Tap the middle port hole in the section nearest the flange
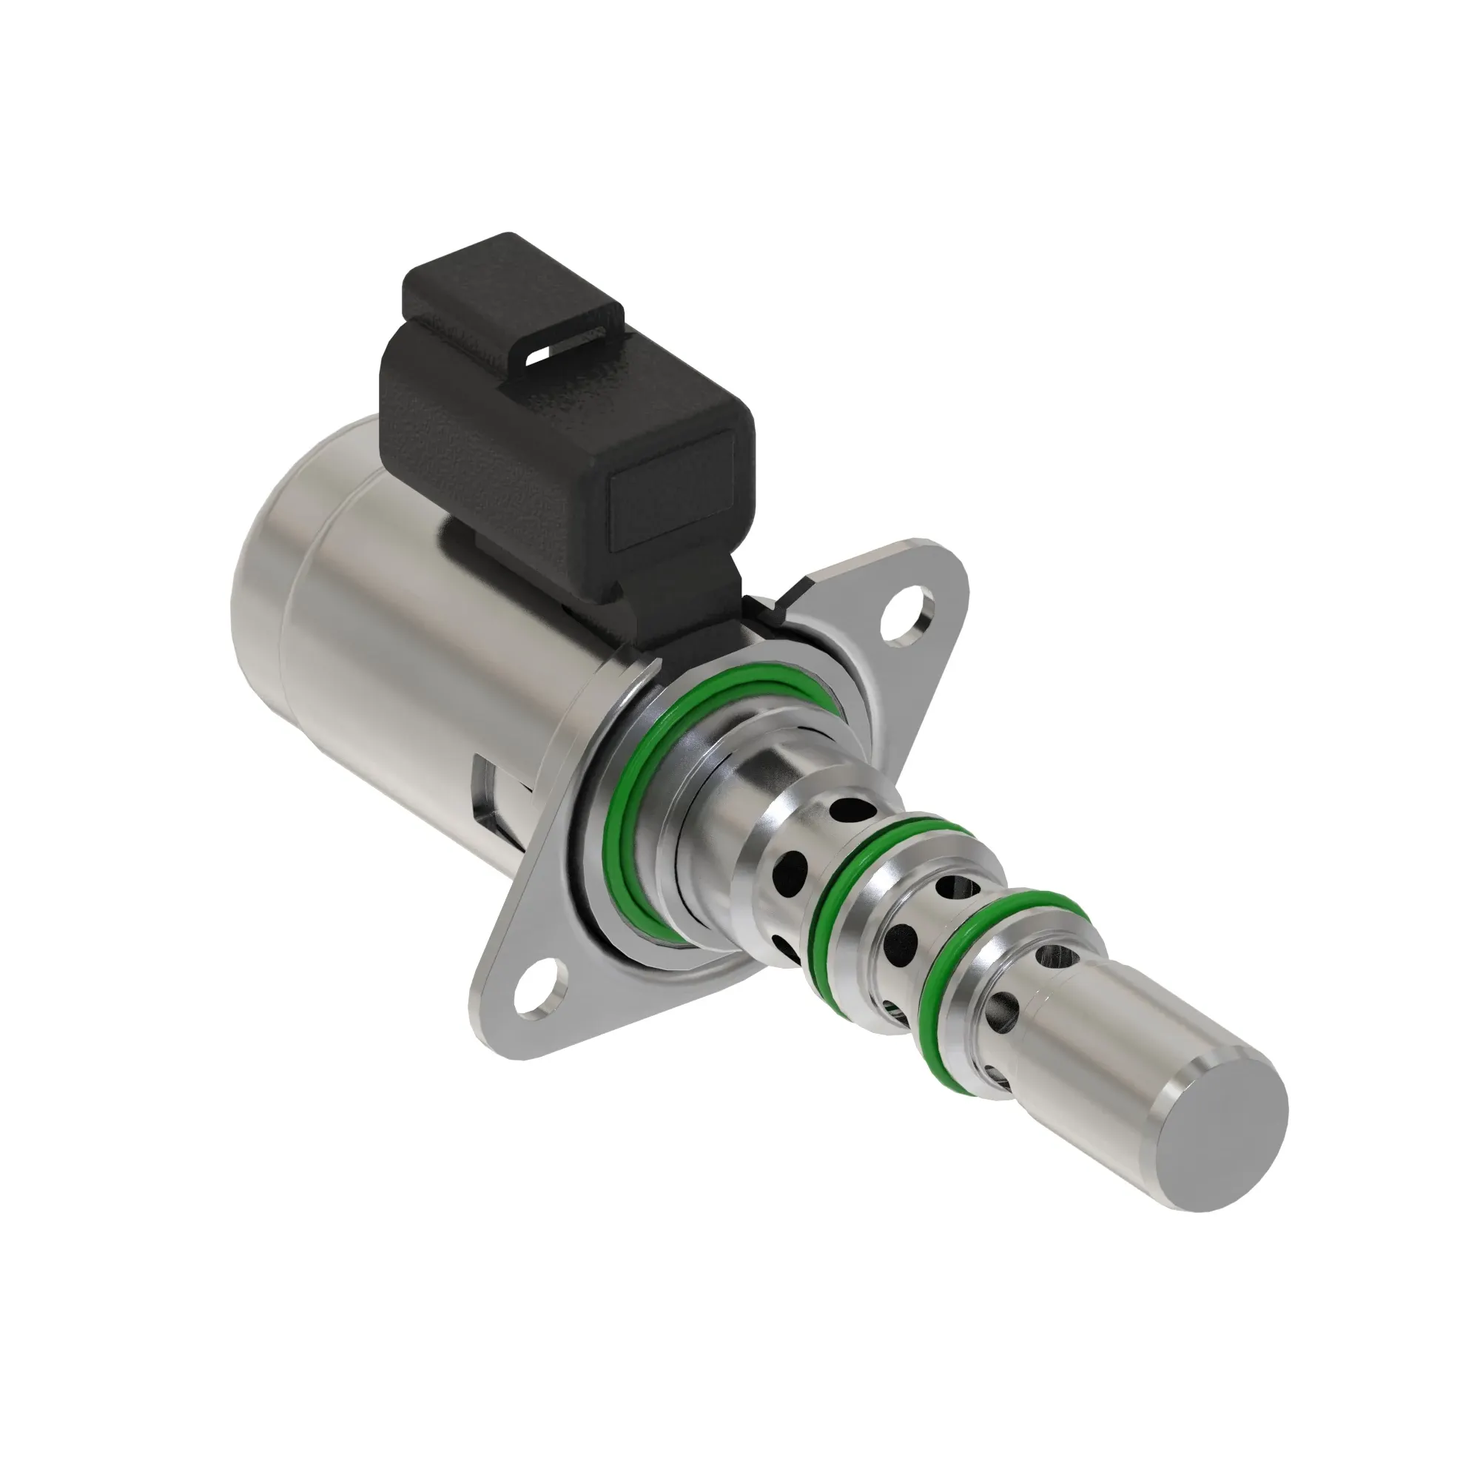pyautogui.click(x=792, y=869)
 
